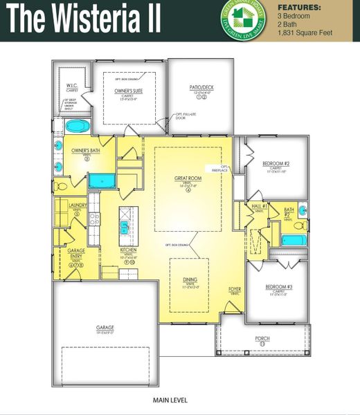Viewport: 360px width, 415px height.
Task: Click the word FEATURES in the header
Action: point(301,8)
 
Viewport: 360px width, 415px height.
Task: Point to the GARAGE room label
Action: point(105,327)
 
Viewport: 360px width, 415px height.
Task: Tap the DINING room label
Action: point(190,279)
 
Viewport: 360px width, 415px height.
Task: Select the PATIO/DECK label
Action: point(200,87)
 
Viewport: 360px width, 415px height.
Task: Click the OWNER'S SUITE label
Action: point(128,91)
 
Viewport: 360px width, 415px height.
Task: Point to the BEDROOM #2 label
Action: point(276,163)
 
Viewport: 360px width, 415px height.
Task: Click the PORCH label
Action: point(262,338)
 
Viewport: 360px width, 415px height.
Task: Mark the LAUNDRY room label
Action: point(77,206)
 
